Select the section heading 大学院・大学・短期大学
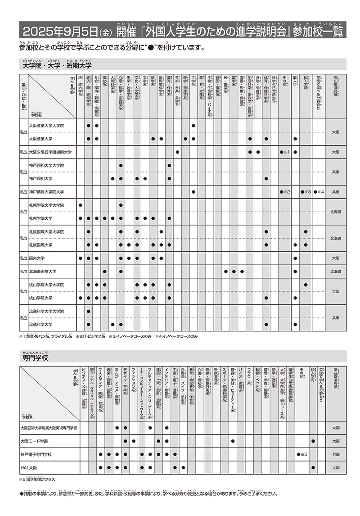click(x=57, y=66)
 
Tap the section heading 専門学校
click(x=35, y=358)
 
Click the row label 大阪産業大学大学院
click(x=46, y=126)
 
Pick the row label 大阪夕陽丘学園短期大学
click(x=50, y=152)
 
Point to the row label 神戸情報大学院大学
click(x=46, y=192)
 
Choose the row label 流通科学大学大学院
click(x=46, y=311)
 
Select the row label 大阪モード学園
click(x=34, y=441)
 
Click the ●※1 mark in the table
click(x=286, y=152)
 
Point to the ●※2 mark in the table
click(x=286, y=192)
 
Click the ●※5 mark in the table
click(x=302, y=454)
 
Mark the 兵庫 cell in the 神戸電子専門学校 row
click(x=335, y=454)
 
